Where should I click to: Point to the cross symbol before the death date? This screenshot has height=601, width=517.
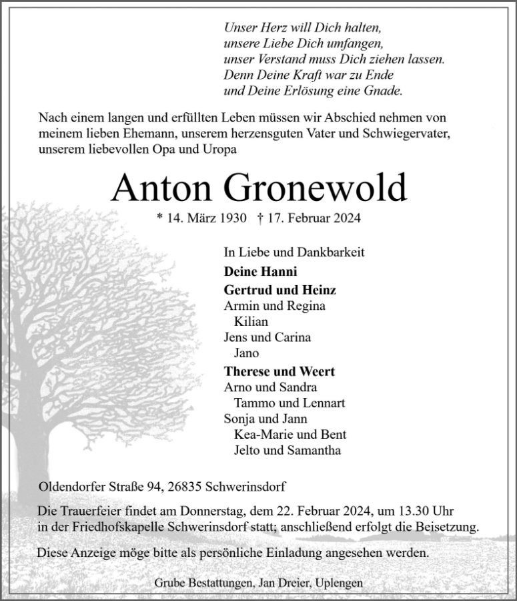coord(260,218)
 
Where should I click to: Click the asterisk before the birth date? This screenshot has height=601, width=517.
coord(159,218)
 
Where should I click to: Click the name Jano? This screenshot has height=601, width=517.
coord(247,353)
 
